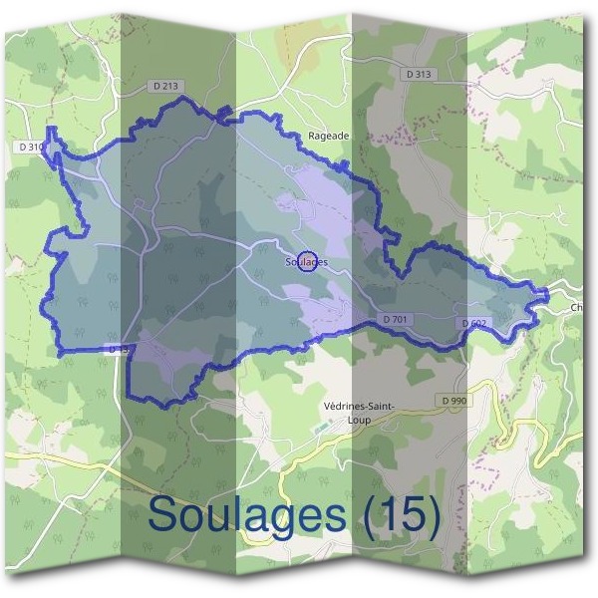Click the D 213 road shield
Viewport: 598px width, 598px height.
coord(167,87)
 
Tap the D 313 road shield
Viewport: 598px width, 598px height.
coord(420,75)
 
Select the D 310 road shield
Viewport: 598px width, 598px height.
coord(31,147)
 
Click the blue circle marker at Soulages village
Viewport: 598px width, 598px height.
coord(307,261)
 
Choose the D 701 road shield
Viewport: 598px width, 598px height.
coord(397,319)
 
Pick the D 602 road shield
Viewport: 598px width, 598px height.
coord(474,323)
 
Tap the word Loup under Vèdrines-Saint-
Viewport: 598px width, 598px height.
coord(359,420)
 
